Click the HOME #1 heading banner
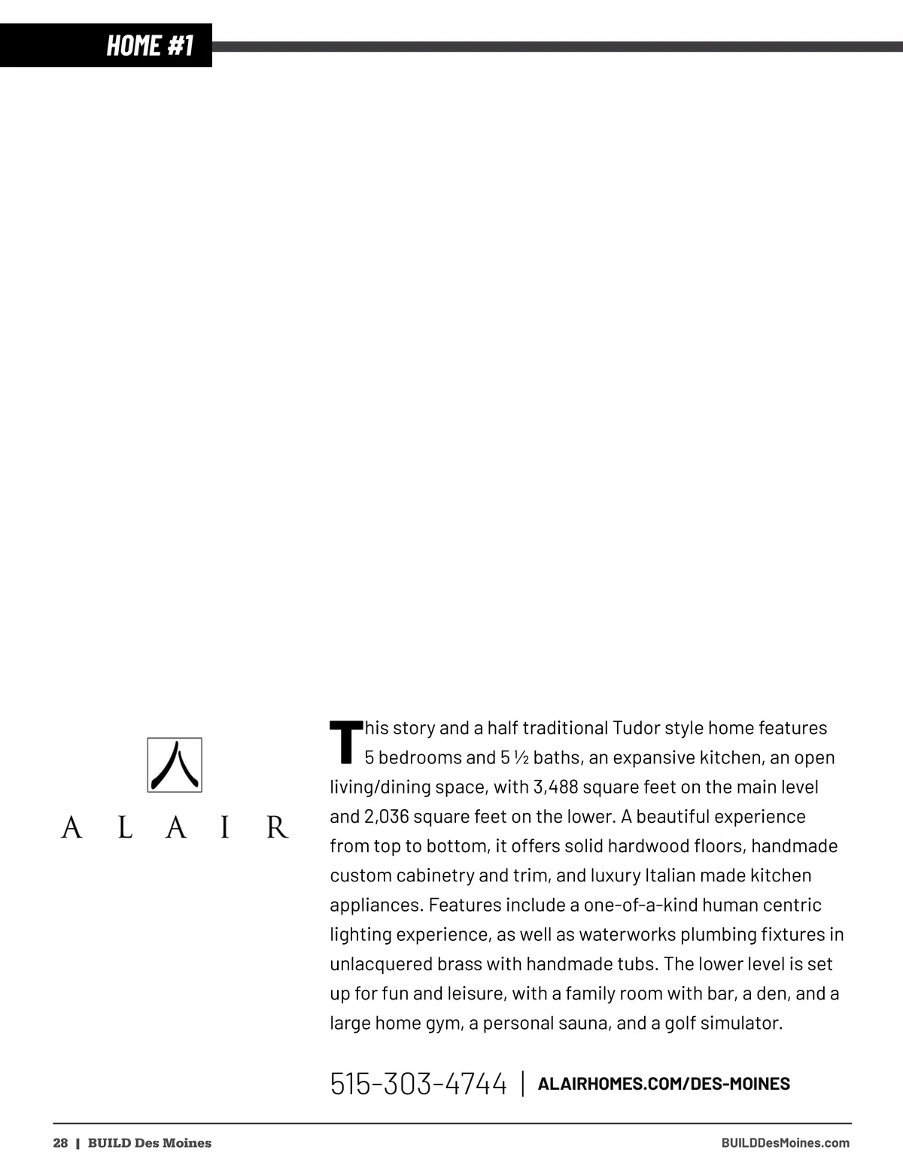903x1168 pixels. coord(150,45)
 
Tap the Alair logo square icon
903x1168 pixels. coord(175,765)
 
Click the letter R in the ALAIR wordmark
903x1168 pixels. coord(277,827)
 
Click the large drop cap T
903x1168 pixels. coord(345,742)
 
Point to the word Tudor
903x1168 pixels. coord(636,728)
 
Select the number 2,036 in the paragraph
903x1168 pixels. coord(386,817)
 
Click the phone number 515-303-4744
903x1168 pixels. coord(418,1084)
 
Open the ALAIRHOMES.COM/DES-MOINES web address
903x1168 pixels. coord(664,1084)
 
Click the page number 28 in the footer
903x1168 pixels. coord(60,1143)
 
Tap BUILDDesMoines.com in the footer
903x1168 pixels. coord(785,1143)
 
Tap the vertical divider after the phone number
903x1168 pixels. coord(523,1084)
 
